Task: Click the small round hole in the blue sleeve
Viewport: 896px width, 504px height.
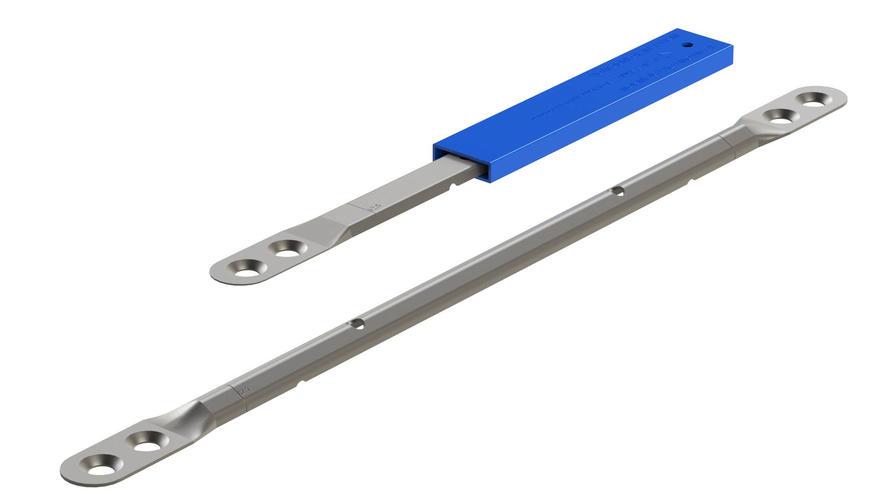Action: point(687,46)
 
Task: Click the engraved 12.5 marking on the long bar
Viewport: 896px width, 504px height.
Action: point(243,390)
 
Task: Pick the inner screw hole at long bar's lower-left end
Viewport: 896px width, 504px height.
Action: point(147,441)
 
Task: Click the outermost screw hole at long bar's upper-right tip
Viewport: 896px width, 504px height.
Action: point(817,99)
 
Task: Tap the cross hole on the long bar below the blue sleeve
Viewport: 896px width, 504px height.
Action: point(617,191)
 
